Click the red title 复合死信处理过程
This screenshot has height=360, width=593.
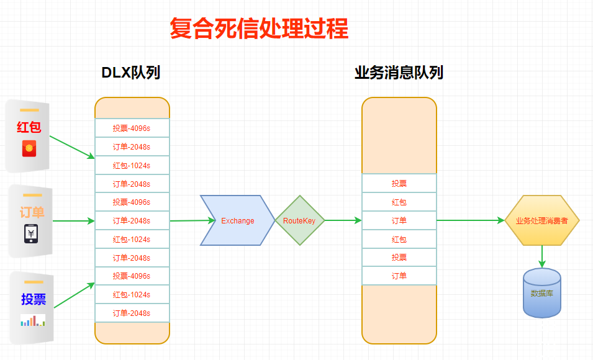coord(259,29)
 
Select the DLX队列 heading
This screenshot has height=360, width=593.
coord(131,73)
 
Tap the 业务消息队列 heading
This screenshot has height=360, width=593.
coord(399,73)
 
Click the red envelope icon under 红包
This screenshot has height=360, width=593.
coord(29,149)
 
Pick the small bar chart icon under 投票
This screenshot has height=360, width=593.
coord(32,320)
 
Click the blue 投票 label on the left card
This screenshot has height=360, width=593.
coord(34,299)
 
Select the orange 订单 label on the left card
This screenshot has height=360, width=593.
coord(32,213)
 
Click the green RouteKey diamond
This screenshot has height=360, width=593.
coord(299,220)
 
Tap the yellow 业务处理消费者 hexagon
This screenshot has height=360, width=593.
coord(541,220)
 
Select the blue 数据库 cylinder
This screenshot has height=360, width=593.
coord(541,293)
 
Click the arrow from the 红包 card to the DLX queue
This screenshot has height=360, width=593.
coord(71,147)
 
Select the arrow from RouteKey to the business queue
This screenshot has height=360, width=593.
coord(343,220)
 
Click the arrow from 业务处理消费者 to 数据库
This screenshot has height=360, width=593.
coord(542,256)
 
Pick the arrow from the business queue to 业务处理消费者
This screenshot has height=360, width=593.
coord(470,220)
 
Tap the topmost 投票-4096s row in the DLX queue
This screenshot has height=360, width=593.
coord(132,128)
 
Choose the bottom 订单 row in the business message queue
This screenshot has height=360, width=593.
coord(399,276)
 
